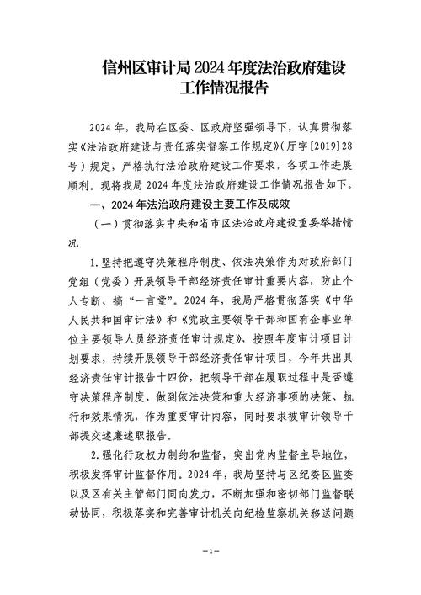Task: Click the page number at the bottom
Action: pyautogui.click(x=210, y=550)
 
